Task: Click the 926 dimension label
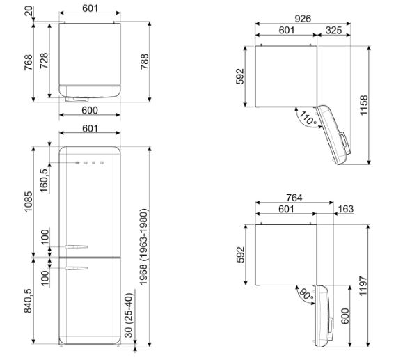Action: tap(303, 18)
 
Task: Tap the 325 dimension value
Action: tap(333, 31)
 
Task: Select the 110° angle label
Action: tap(308, 118)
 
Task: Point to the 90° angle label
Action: tap(306, 294)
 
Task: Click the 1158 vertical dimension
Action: tap(363, 105)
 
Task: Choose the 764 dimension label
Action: tap(294, 198)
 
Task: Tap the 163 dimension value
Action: tap(345, 209)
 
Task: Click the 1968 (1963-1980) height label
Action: tap(143, 246)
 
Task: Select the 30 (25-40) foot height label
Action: tap(129, 315)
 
